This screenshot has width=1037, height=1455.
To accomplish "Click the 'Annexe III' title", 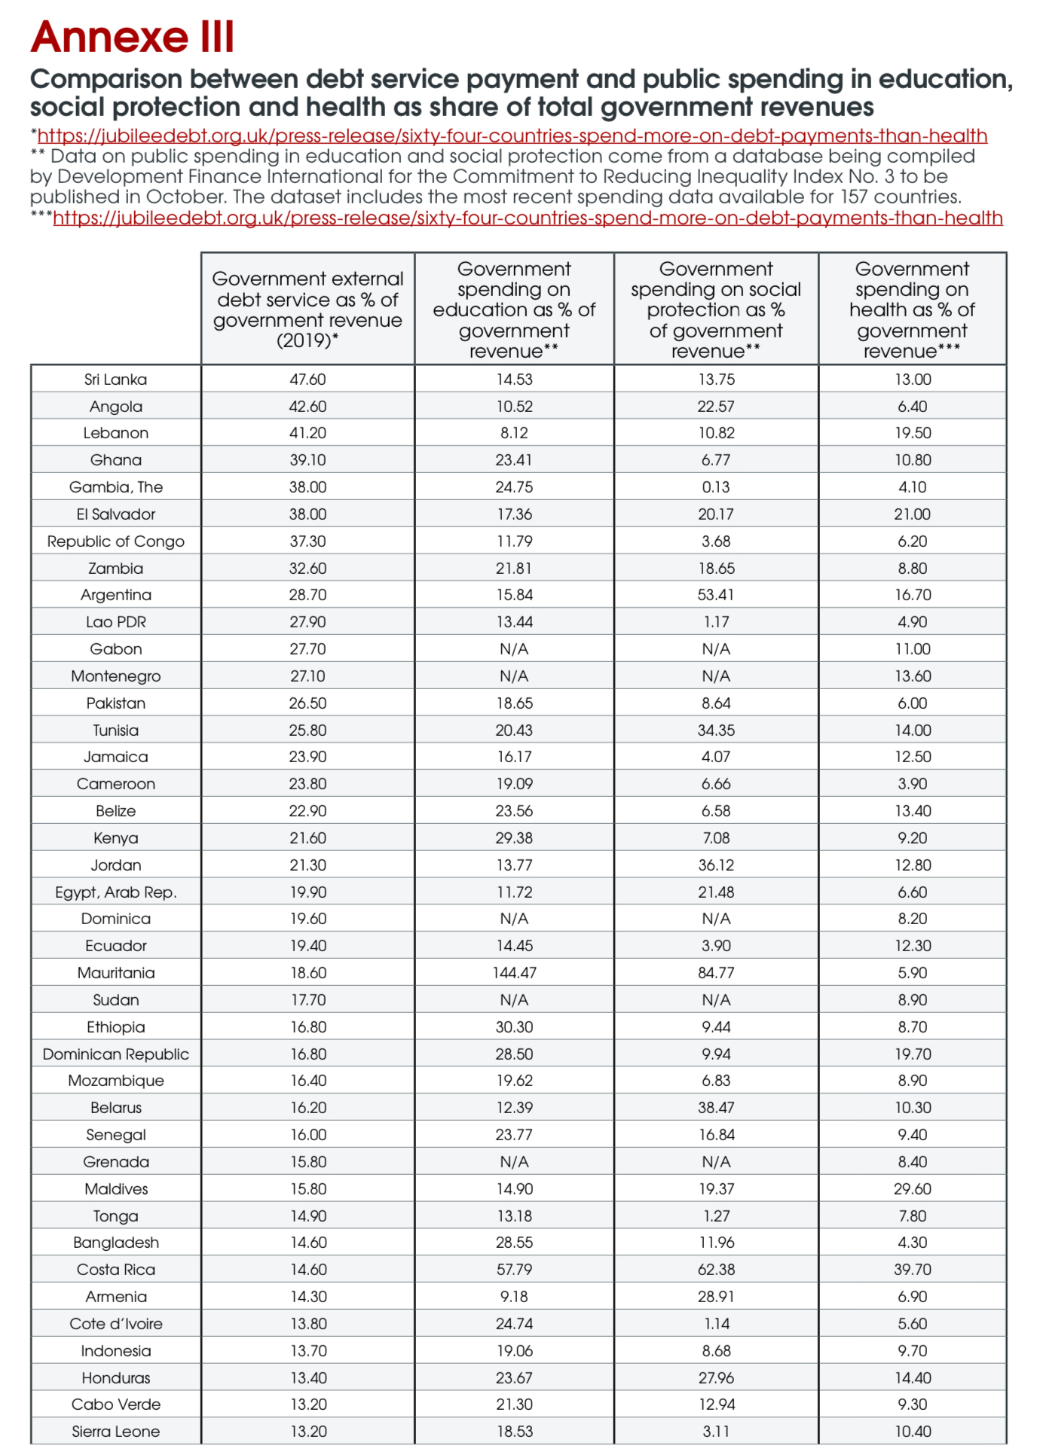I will pos(133,37).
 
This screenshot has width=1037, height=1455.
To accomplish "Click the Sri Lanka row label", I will pos(115,380).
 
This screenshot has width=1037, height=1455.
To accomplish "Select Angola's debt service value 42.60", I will pos(307,407).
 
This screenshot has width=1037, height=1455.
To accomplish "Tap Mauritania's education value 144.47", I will pos(514,973).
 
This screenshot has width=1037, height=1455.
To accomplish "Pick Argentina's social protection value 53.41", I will pos(715,595).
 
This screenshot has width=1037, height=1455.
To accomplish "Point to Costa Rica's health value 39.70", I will pos(912,1270).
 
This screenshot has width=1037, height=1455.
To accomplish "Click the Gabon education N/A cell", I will pos(514,649).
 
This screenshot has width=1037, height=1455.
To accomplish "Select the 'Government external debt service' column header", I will pos(307,310).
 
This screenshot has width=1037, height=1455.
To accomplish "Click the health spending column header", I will pos(912,310).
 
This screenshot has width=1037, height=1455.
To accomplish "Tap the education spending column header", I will pos(514,310).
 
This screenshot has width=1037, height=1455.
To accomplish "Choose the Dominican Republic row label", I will pos(115,1054).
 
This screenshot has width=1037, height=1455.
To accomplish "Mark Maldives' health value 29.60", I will pos(912,1189).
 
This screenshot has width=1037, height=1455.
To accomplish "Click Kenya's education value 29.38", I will pos(514,838).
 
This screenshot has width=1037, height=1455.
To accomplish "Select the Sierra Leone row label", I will pos(115,1432).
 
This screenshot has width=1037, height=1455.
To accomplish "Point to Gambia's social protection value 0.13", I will pos(715,487).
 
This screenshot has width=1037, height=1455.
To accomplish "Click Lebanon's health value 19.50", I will pos(912,433).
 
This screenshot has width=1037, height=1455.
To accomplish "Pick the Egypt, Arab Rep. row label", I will pos(115,892).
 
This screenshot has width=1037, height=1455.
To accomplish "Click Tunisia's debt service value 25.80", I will pos(307,731).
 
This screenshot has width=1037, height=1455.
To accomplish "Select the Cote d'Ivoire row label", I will pos(115,1324).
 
